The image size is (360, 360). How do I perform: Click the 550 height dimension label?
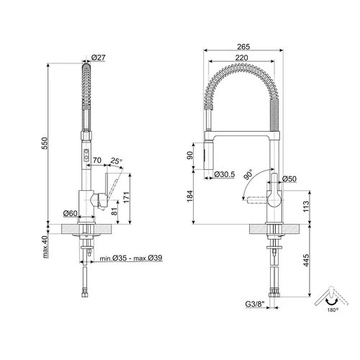coord(45,143)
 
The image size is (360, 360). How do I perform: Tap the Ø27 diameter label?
coord(99,58)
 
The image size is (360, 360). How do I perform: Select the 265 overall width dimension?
coord(243,47)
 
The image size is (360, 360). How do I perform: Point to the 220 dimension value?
coord(241,58)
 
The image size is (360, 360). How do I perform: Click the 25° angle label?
coord(117,161)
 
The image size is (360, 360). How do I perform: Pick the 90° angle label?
coord(248,174)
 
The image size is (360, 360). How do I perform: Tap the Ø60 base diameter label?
coord(71,213)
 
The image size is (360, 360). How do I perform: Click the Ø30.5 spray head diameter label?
coord(225,174)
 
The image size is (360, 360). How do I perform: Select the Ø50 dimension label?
coord(289,179)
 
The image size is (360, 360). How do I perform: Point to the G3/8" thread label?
coord(255,304)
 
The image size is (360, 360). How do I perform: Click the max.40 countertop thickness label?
coord(45,247)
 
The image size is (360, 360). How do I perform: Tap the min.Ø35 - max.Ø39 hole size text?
coord(131,258)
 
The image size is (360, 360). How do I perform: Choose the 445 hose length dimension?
coord(306,260)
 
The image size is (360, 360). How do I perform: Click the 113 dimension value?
coord(306,206)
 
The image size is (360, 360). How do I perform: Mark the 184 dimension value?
coord(190,196)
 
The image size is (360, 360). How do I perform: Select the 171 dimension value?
coord(126,197)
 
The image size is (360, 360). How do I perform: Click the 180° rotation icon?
coord(332,299)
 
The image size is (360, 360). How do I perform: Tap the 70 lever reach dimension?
coord(97,160)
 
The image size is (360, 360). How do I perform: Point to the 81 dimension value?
coord(114,211)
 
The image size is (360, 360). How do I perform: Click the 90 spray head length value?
coord(190,156)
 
